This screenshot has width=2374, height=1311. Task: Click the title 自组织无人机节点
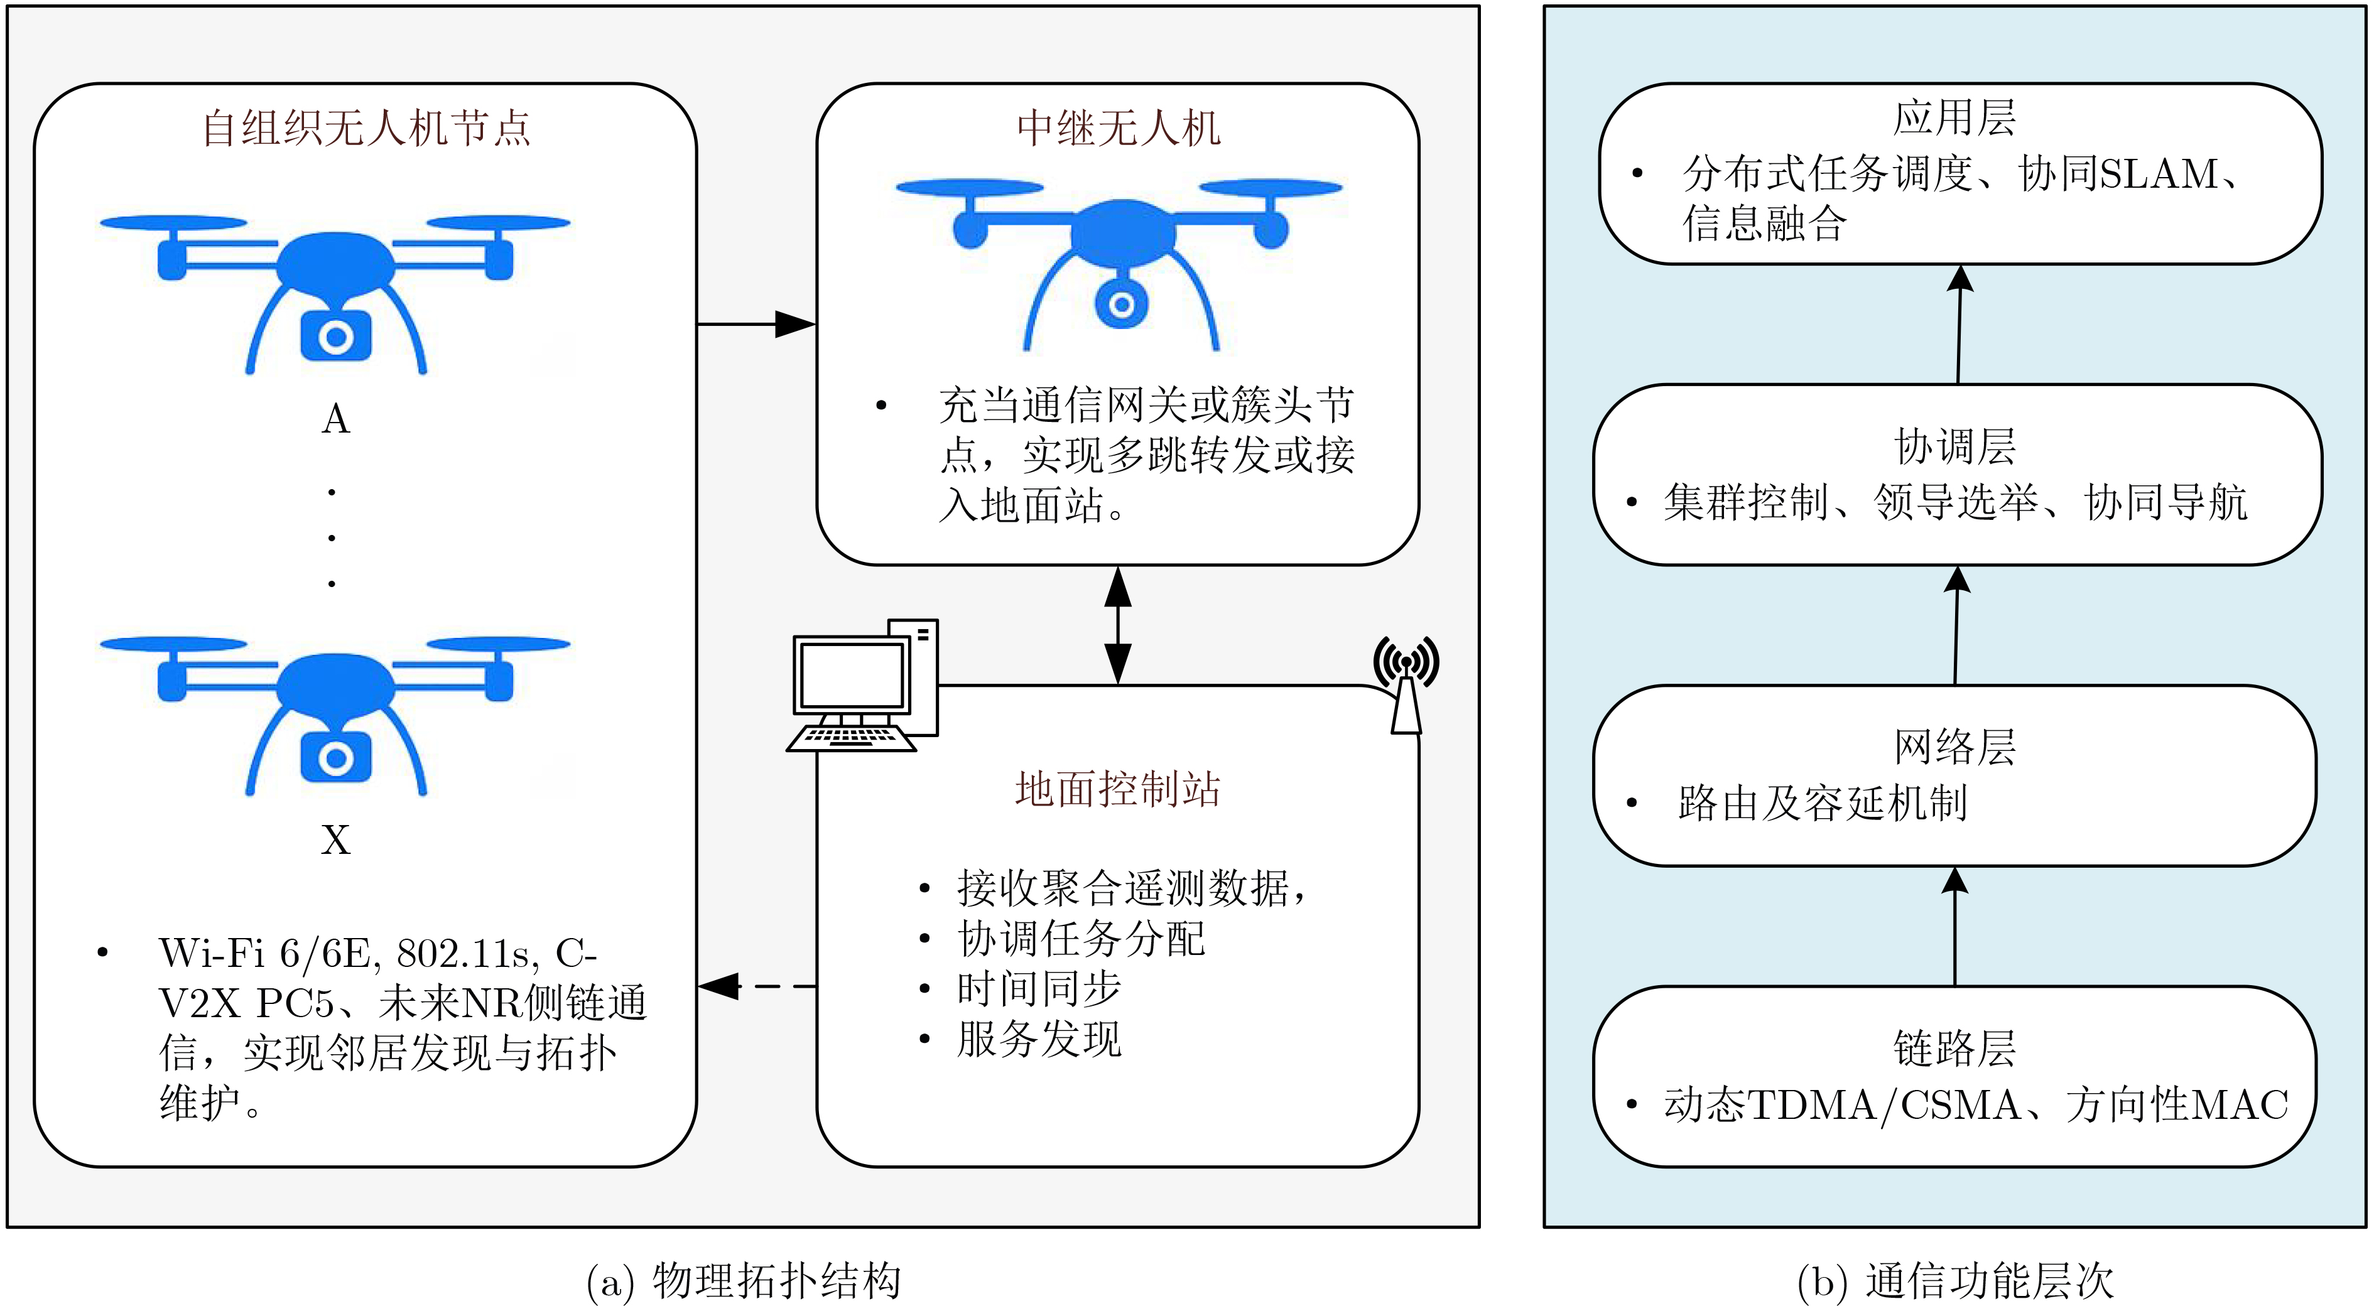pyautogui.click(x=366, y=128)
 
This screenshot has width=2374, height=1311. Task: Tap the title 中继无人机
pyautogui.click(x=1118, y=128)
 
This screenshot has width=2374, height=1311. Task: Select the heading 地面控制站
pyautogui.click(x=1118, y=789)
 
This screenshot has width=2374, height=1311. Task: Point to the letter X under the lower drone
pyautogui.click(x=335, y=840)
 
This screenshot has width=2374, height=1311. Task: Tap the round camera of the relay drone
pyautogui.click(x=1120, y=304)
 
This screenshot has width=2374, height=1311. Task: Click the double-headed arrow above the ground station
pyautogui.click(x=1118, y=625)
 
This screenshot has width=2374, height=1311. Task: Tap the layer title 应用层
pyautogui.click(x=1954, y=118)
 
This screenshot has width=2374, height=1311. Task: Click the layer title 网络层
pyautogui.click(x=1954, y=747)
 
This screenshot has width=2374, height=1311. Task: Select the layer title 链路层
pyautogui.click(x=1954, y=1049)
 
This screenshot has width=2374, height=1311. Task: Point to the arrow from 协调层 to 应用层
pyautogui.click(x=1958, y=324)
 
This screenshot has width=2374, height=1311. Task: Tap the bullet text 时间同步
pyautogui.click(x=1039, y=988)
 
